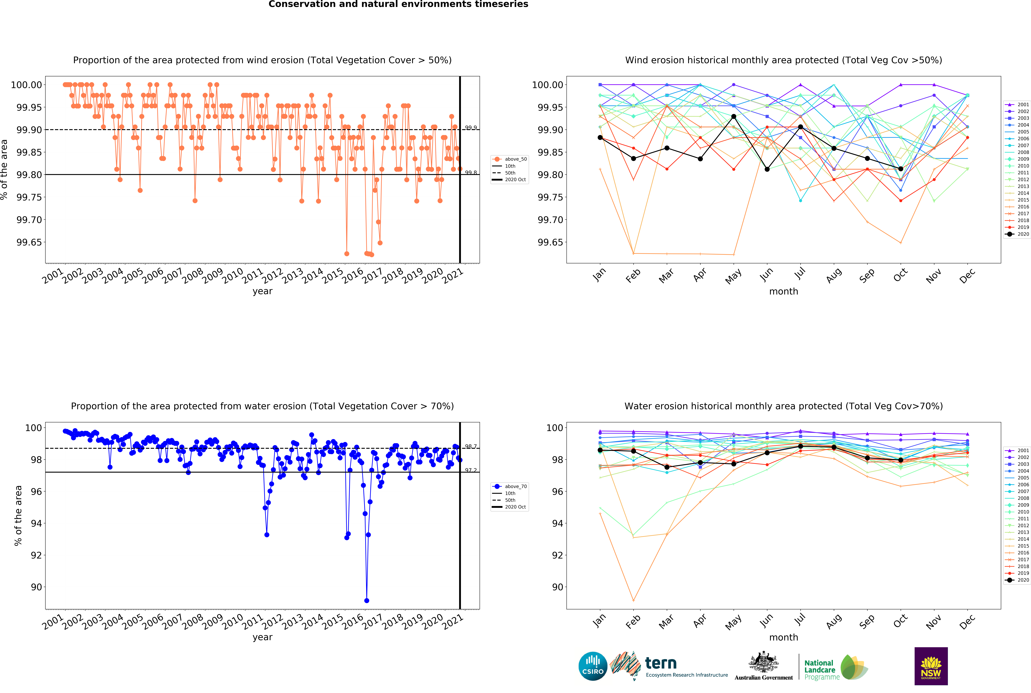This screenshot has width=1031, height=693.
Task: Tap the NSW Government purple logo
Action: tap(931, 666)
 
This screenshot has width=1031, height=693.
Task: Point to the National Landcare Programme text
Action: tap(821, 670)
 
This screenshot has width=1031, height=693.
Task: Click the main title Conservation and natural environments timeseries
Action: tap(398, 4)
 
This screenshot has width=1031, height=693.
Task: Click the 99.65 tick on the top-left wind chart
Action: tap(29, 242)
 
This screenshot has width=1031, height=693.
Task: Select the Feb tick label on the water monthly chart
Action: tap(633, 622)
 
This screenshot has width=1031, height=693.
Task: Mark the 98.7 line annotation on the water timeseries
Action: tap(471, 446)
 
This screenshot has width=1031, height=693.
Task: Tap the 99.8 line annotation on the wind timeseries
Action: tap(471, 173)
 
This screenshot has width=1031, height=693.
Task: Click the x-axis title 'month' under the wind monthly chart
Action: tap(783, 291)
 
